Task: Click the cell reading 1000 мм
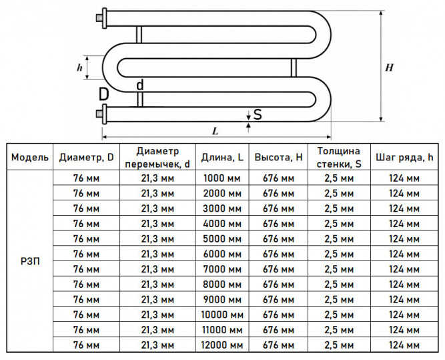tap(222, 178)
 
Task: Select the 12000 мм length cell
tap(222, 345)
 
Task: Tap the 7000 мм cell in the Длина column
tap(222, 269)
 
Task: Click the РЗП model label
tap(30, 261)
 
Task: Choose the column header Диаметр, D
tap(86, 157)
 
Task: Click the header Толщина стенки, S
tap(339, 157)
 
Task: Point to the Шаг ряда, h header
tap(404, 157)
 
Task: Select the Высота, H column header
tap(278, 157)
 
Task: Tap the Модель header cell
tap(30, 157)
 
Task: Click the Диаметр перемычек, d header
tap(157, 157)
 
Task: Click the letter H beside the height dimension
tap(389, 67)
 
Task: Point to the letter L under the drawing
tap(215, 131)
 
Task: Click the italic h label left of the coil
tap(79, 67)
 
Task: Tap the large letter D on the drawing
tap(103, 94)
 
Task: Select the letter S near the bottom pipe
tap(258, 114)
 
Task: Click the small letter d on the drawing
tap(140, 85)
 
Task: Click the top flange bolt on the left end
tap(99, 19)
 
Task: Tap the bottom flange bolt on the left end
tap(99, 114)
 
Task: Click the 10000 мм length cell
tap(222, 315)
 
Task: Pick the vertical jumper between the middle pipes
tap(294, 67)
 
